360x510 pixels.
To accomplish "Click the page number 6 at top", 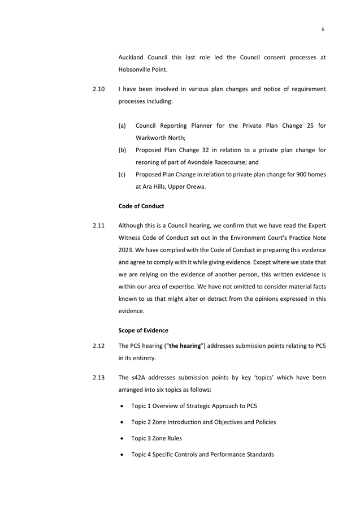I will coord(323,29).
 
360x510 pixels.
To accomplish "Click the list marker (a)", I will coord(122,125).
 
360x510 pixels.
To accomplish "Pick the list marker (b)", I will coord(122,150).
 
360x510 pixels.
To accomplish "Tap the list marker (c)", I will coord(122,174).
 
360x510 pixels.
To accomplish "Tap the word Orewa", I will coord(193,187).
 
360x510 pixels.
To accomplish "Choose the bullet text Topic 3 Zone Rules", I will coord(156,438).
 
